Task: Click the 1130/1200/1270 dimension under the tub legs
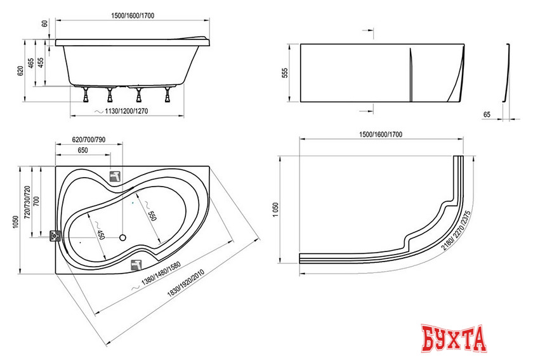point(126,111)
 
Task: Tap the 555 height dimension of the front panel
point(285,73)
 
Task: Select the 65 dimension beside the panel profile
point(487,114)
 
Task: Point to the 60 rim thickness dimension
point(44,24)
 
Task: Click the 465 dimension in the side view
point(30,63)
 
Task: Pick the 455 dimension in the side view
point(41,63)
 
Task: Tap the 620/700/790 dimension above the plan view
point(89,140)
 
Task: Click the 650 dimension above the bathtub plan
point(82,150)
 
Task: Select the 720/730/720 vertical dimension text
point(27,202)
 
